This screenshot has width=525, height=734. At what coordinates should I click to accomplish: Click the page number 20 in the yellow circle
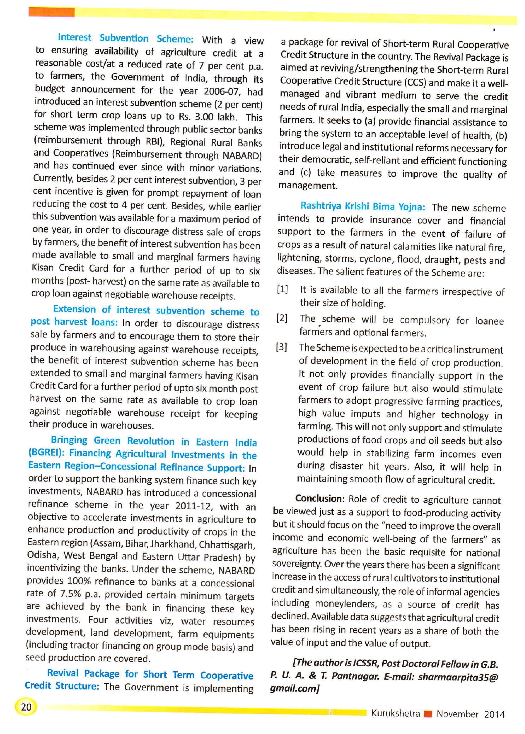[26, 707]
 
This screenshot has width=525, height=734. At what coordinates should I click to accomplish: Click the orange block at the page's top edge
[51, 12]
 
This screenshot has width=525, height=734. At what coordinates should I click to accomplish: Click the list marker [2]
[282, 318]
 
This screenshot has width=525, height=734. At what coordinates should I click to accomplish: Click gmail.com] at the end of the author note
[294, 688]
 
